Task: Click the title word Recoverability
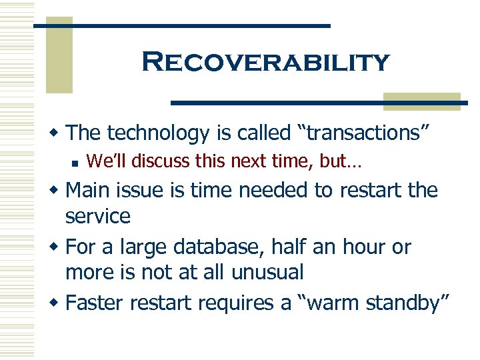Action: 265,63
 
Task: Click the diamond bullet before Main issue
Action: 57,191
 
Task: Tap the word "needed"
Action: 273,190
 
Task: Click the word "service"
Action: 97,215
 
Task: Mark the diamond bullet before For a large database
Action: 57,247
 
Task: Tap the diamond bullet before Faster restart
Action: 57,304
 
